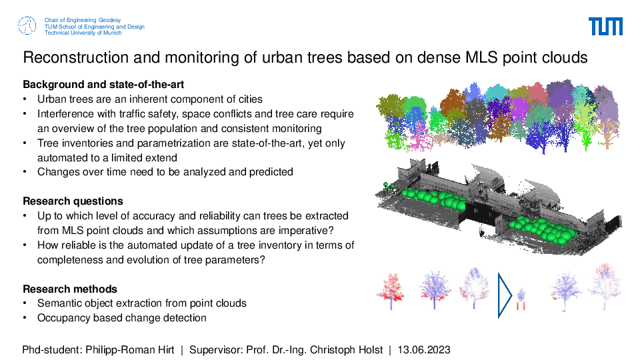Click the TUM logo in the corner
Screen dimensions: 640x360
coord(605,27)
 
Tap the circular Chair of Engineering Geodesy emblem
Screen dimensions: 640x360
coord(27,26)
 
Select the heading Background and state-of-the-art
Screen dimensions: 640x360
coord(103,85)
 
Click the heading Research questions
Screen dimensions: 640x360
coord(73,201)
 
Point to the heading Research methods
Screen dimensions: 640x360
coord(70,289)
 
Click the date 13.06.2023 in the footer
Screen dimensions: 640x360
coord(424,350)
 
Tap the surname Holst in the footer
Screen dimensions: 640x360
coord(371,350)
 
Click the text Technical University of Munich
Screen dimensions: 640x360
coord(83,33)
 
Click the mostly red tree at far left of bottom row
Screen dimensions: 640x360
coord(391,291)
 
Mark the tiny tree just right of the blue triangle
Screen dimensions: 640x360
coord(521,299)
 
